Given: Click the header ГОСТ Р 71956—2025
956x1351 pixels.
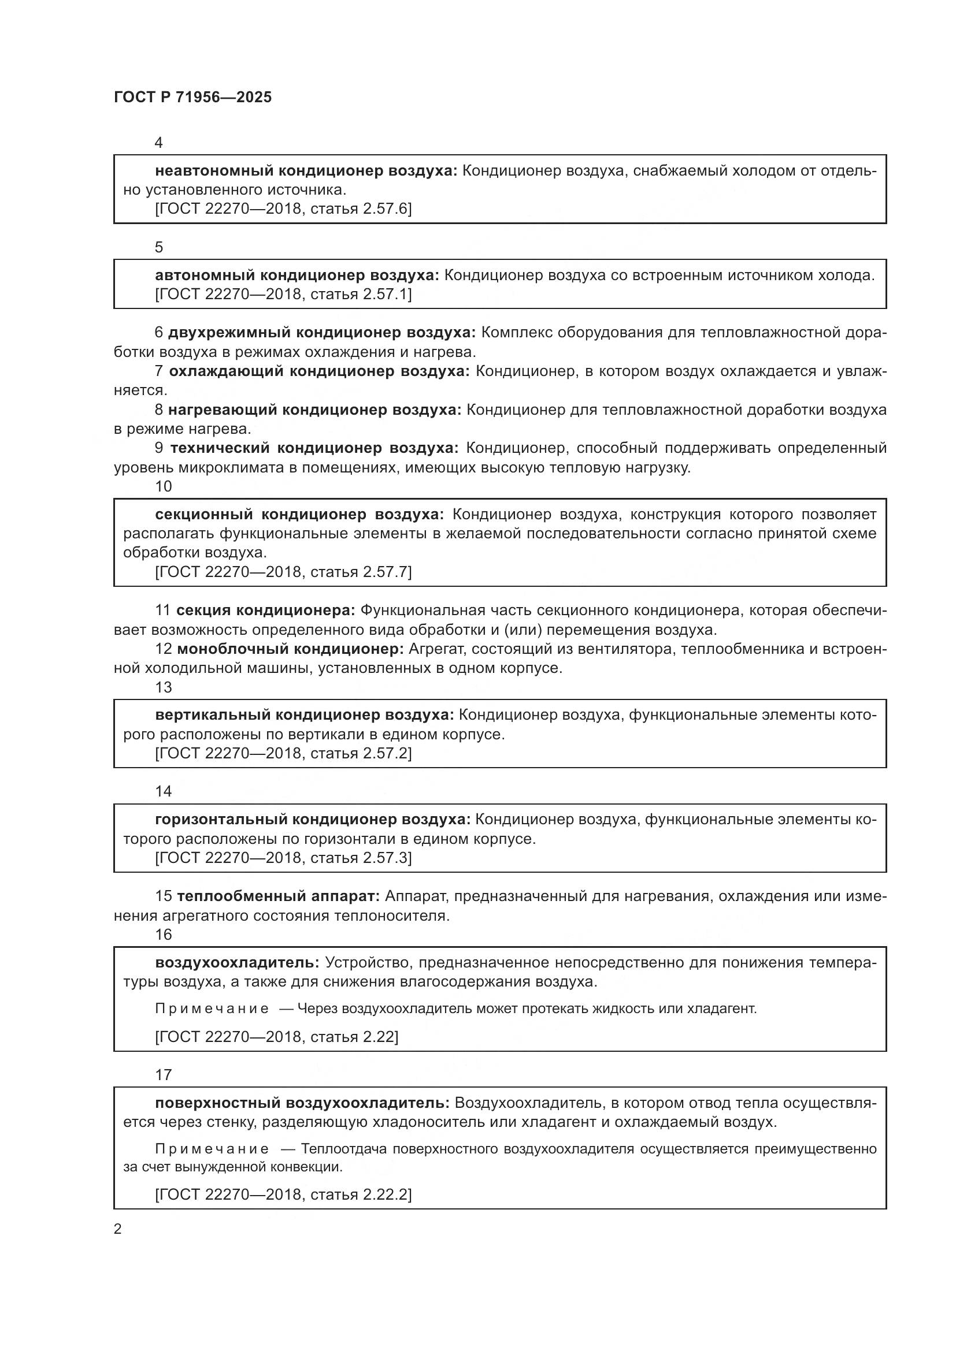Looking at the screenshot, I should (192, 98).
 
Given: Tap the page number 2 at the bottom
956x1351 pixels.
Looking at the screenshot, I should (118, 1229).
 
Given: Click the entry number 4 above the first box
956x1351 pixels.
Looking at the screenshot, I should (158, 143).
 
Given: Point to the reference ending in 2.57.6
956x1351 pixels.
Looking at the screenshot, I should (283, 209).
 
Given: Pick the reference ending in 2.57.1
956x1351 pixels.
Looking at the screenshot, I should (283, 294).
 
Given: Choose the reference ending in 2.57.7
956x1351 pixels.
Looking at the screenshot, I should (283, 572).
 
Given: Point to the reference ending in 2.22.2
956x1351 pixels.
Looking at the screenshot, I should (283, 1194).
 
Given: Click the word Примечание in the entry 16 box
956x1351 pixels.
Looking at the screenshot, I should (212, 1008).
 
